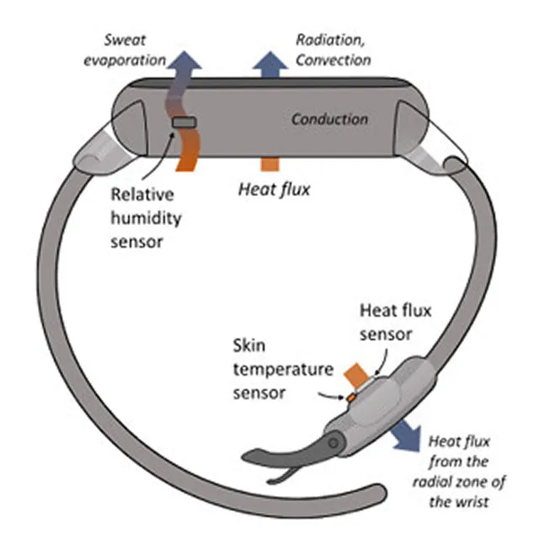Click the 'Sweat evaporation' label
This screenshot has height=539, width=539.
125,51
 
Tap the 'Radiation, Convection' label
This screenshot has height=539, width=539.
334,51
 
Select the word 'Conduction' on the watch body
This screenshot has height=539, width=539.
329,120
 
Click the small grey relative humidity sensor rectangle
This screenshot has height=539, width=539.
184,122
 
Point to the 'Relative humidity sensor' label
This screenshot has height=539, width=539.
146,218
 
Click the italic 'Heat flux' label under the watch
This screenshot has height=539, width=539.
275,189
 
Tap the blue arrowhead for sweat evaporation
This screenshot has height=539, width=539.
185,61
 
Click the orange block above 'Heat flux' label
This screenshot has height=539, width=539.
270,164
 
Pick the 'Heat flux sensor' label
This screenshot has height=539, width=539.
395,323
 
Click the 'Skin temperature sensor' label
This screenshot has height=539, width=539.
283,369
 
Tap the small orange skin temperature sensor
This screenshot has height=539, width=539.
351,398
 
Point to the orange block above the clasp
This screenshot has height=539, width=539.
357,375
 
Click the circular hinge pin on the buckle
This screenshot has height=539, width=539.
334,443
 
